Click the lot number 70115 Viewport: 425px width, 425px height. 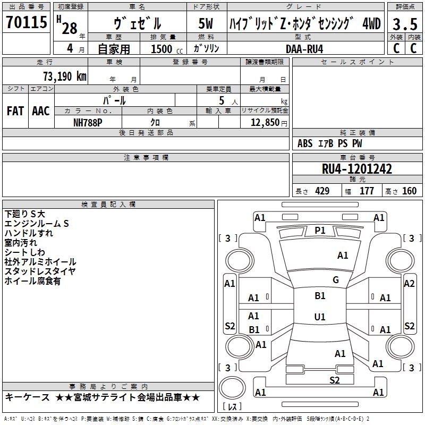(26, 22)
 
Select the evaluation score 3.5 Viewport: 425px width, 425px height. (405, 24)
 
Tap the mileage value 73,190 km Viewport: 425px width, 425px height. (65, 76)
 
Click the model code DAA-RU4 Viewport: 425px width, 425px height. (304, 49)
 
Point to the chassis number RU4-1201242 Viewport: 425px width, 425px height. (356, 169)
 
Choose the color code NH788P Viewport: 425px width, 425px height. (88, 123)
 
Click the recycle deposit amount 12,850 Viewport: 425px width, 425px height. (265, 123)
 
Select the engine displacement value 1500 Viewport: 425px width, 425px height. (161, 49)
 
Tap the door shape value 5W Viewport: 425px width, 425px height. (206, 23)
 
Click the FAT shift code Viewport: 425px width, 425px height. (15, 111)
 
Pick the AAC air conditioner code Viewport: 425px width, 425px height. (41, 111)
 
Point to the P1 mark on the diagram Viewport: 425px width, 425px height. (320, 231)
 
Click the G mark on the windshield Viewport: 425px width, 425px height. (336, 280)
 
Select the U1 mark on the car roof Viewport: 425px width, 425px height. (320, 317)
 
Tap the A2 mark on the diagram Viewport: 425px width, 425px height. (409, 284)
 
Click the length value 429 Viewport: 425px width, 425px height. (322, 191)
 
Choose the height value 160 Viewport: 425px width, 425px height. (409, 191)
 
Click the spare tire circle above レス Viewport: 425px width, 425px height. (232, 388)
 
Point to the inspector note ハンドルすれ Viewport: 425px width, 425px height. (29, 233)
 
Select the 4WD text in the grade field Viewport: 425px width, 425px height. (371, 23)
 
